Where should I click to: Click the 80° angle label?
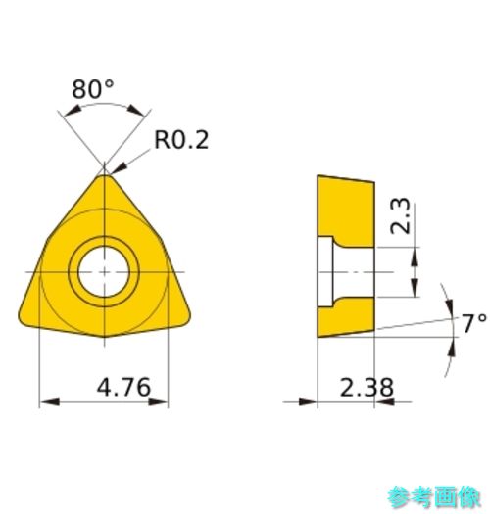click(93, 89)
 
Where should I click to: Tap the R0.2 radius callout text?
click(181, 140)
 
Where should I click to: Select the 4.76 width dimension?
click(123, 387)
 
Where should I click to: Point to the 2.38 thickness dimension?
click(367, 388)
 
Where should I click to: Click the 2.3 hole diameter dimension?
click(401, 216)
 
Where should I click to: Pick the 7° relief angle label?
click(474, 323)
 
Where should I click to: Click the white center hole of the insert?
click(104, 272)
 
